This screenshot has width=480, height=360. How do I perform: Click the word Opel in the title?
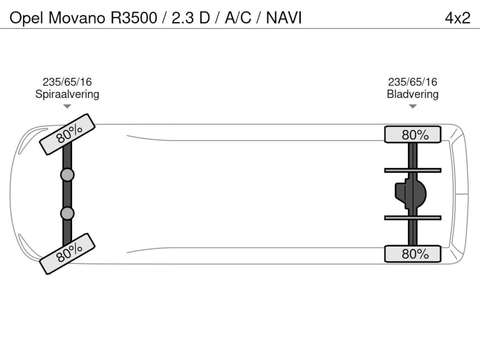(x=26, y=18)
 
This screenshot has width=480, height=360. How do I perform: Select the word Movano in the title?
(x=77, y=18)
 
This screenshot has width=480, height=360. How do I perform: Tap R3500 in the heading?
(x=133, y=18)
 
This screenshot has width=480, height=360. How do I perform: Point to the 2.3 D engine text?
(x=190, y=18)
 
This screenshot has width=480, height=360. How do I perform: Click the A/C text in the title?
(x=238, y=18)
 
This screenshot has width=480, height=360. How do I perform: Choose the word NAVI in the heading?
(x=284, y=18)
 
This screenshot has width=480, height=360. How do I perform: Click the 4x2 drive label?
(x=457, y=18)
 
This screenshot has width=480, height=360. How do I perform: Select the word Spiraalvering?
(x=67, y=94)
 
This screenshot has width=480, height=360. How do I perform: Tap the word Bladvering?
(x=412, y=94)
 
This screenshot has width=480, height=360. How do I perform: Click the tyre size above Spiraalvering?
(x=67, y=82)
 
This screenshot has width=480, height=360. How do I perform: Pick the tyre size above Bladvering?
(x=412, y=82)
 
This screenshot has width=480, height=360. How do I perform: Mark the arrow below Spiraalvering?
(x=67, y=106)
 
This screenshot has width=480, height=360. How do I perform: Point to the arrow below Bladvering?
(x=412, y=106)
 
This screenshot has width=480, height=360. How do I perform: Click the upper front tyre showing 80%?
(x=67, y=134)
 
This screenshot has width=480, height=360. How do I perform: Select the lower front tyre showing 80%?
(x=67, y=253)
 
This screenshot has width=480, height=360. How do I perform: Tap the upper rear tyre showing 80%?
(x=412, y=135)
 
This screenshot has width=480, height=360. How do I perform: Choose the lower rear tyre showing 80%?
(x=412, y=254)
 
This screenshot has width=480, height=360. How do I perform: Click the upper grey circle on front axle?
(x=67, y=175)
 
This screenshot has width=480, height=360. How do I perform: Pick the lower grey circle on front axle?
(x=67, y=213)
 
